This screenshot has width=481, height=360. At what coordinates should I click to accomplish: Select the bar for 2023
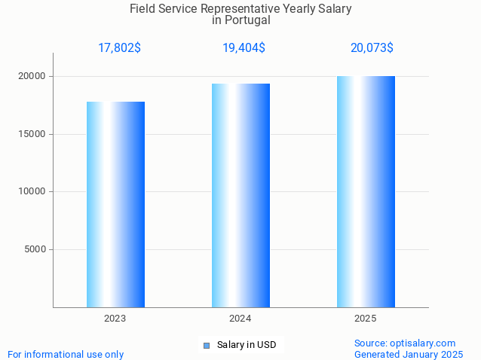tap(115, 204)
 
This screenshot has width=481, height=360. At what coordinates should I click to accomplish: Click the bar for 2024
tap(240, 195)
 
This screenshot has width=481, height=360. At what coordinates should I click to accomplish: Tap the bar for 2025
tap(366, 191)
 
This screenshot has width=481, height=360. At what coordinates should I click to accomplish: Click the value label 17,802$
tap(119, 48)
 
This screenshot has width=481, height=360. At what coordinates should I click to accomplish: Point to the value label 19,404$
tap(244, 48)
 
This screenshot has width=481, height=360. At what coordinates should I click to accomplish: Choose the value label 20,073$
tap(372, 48)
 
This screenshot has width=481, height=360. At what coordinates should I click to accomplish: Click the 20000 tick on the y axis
tap(32, 76)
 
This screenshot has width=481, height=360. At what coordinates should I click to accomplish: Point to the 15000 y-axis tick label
tap(32, 134)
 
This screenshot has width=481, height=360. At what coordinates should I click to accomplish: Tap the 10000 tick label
tap(32, 191)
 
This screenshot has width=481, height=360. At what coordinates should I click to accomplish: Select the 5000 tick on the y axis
tap(35, 249)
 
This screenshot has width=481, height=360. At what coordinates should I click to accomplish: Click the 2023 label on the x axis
tap(115, 319)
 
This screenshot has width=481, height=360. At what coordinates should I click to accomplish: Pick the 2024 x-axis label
tap(240, 319)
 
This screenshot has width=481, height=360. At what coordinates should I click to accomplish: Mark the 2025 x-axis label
tap(366, 319)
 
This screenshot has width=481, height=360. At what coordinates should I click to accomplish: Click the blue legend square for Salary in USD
tap(206, 346)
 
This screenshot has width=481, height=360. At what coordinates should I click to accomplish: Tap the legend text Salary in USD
tap(246, 345)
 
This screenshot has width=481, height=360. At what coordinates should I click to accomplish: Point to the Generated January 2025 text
tap(409, 354)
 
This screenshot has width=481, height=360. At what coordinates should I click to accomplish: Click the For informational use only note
tap(66, 354)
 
